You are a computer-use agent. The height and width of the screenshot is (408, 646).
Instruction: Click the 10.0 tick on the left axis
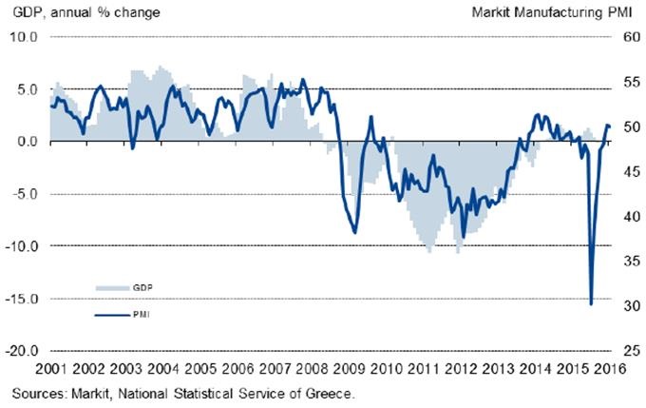coord(21,37)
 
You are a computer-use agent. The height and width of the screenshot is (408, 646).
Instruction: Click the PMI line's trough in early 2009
coord(354,232)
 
